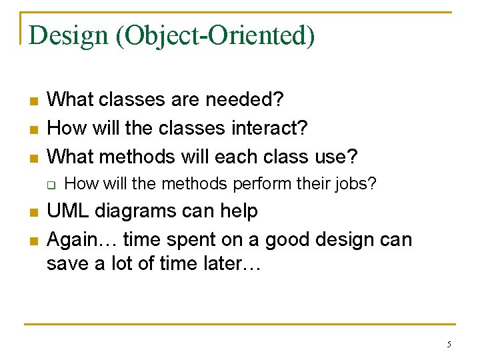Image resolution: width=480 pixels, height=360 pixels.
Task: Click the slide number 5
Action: (449, 345)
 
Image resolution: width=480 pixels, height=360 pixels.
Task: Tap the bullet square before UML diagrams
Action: (33, 213)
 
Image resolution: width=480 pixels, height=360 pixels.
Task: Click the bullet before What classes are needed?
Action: (33, 101)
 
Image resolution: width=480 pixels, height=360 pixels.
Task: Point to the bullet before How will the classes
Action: (33, 129)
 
